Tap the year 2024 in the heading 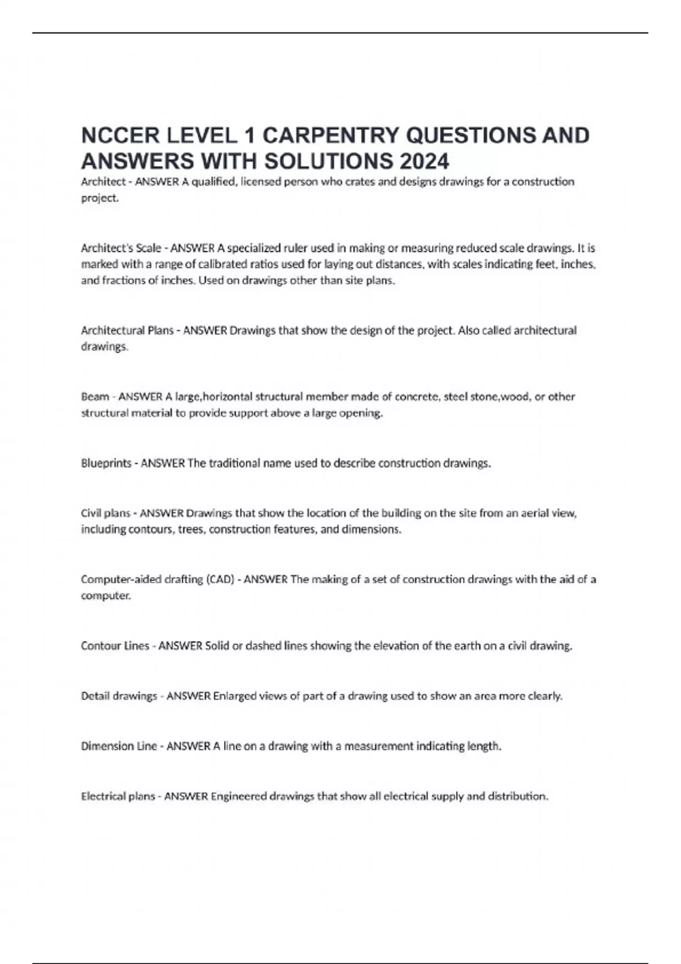[x=424, y=162]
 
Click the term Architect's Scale [x=121, y=248]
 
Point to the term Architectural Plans [x=127, y=331]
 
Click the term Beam [x=95, y=397]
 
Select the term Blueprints [x=106, y=463]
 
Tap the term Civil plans [x=106, y=513]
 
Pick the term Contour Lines [x=115, y=646]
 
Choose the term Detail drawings [x=119, y=696]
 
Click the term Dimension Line [x=119, y=746]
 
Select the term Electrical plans [x=118, y=796]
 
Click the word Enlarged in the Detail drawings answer [x=234, y=696]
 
